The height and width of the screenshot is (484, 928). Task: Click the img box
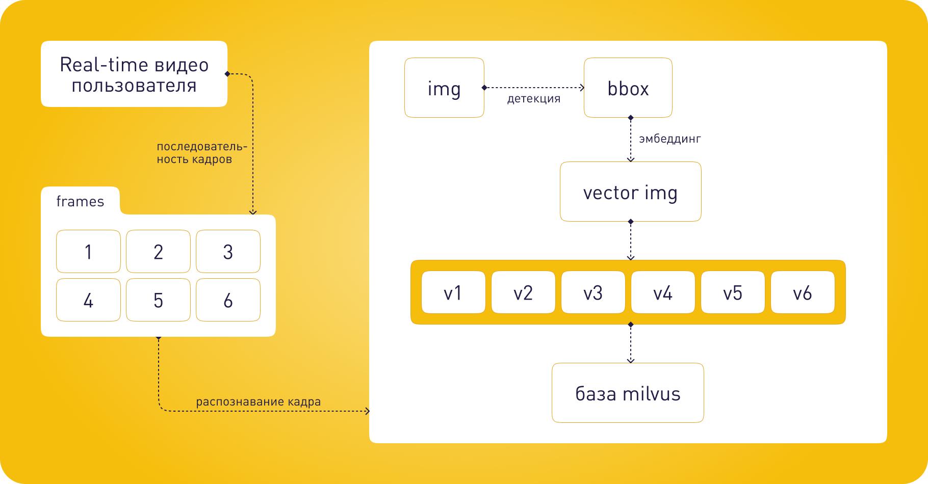444,88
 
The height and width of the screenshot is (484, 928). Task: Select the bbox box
628,88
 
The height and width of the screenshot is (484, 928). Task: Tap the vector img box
630,192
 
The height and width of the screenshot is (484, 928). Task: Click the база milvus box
628,393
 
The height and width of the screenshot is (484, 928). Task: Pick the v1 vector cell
453,292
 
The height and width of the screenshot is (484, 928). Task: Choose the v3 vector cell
593,292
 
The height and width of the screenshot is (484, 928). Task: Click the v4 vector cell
663,292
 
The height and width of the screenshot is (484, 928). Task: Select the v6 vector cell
803,292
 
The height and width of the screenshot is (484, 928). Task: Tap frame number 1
88,252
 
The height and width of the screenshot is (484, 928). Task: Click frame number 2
158,252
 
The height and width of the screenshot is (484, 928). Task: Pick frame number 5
158,300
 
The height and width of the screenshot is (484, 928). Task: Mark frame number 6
228,300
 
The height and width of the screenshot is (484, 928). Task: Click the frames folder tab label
80,202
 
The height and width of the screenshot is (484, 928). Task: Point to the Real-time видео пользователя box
134,74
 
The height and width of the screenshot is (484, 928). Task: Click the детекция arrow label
534,99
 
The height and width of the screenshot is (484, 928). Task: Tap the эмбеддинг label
670,139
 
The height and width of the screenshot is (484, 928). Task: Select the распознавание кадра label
259,402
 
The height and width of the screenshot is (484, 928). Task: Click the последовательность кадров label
201,153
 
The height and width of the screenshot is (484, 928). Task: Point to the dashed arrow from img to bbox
534,88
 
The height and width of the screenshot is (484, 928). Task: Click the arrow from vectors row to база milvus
631,343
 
